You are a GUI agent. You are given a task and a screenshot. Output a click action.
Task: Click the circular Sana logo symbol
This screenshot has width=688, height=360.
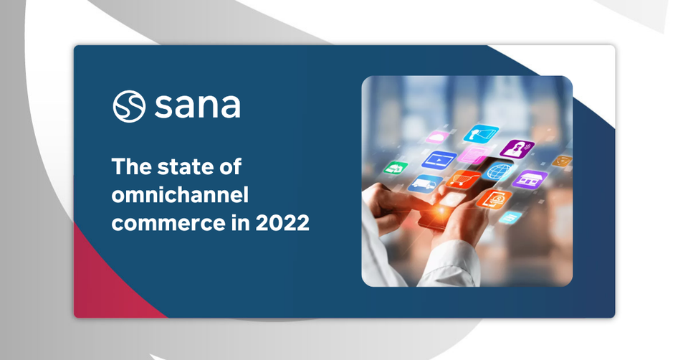click(129, 106)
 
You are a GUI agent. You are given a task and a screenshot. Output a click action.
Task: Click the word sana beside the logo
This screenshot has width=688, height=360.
click(198, 106)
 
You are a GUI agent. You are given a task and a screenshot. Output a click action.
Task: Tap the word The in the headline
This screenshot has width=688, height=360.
click(131, 167)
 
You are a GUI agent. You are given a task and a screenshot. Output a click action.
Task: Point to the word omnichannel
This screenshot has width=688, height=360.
click(180, 194)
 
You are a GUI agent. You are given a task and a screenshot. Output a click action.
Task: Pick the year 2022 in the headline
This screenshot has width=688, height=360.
click(282, 222)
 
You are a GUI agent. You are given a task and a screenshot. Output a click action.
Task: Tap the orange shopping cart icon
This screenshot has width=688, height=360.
click(463, 179)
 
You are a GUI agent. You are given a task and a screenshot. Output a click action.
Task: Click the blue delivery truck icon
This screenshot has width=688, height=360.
click(425, 184)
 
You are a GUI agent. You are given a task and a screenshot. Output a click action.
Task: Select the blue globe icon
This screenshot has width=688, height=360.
click(500, 171)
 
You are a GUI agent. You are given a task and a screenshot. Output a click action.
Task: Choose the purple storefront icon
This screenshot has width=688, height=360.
click(530, 179)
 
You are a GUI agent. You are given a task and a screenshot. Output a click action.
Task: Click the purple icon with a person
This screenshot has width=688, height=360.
click(517, 148)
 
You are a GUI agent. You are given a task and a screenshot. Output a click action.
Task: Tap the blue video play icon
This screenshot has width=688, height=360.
click(439, 159)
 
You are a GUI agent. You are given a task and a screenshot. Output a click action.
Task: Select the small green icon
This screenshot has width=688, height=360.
click(396, 167)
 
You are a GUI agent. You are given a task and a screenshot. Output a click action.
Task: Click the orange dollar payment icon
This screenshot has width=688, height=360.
click(494, 199)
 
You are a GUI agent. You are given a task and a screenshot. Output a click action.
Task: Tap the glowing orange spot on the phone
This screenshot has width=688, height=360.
click(439, 212)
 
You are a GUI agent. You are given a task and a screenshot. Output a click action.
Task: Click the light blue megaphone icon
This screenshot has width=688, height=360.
click(482, 133)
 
